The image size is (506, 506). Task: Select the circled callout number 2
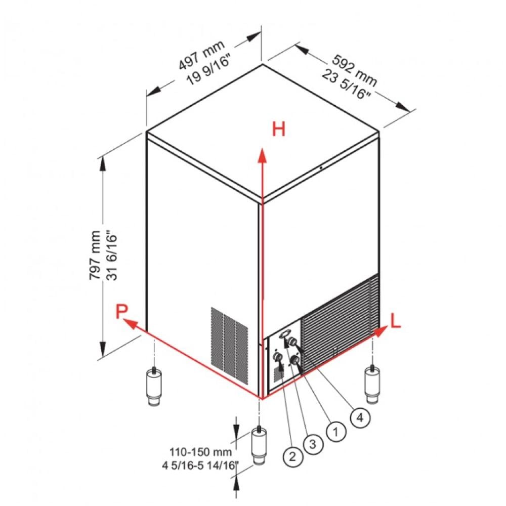tap(290, 457)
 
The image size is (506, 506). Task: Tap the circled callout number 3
tap(313, 444)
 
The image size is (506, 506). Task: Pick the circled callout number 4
tap(359, 417)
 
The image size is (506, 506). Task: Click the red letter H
tap(279, 130)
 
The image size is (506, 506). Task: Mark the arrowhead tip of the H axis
tap(262, 150)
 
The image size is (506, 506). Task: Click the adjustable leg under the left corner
tap(153, 387)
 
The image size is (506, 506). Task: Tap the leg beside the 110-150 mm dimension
tap(260, 445)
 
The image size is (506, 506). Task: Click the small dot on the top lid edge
tap(321, 167)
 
